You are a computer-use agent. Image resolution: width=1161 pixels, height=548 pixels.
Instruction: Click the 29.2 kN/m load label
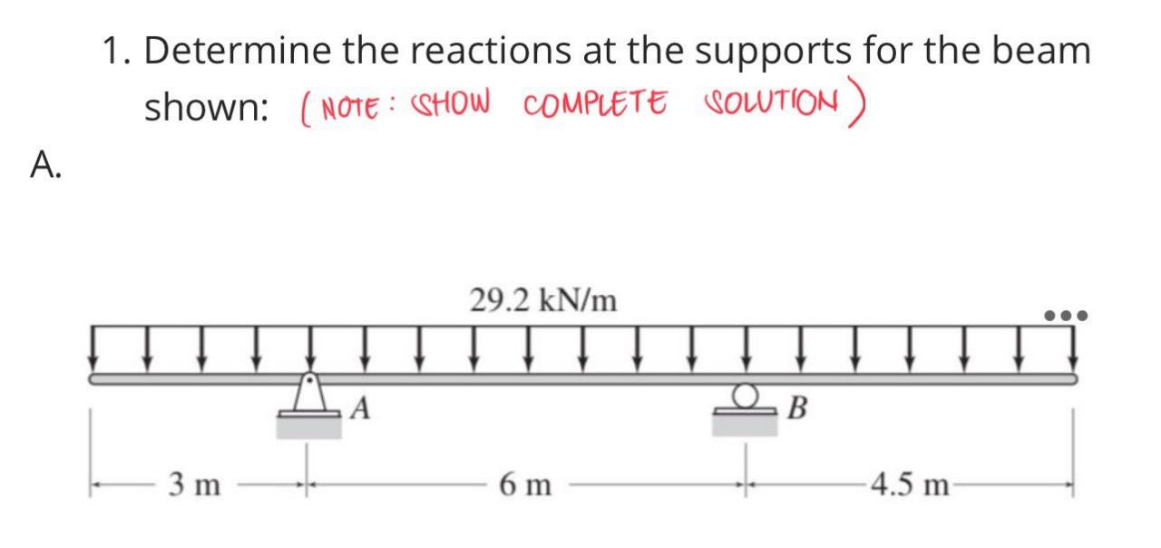(543, 299)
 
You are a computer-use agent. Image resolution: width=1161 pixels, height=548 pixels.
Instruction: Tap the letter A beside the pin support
(359, 410)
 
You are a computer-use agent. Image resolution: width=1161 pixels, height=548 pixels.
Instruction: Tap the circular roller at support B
(746, 395)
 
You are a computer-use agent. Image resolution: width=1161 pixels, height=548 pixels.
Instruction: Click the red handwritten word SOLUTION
(769, 103)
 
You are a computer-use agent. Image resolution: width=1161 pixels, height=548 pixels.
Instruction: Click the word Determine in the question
(237, 51)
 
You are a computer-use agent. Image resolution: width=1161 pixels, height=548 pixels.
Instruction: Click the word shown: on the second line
(207, 108)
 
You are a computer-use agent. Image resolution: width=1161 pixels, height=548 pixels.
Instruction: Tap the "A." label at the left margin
(46, 164)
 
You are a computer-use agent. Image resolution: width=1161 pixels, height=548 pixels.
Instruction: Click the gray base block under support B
(746, 424)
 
